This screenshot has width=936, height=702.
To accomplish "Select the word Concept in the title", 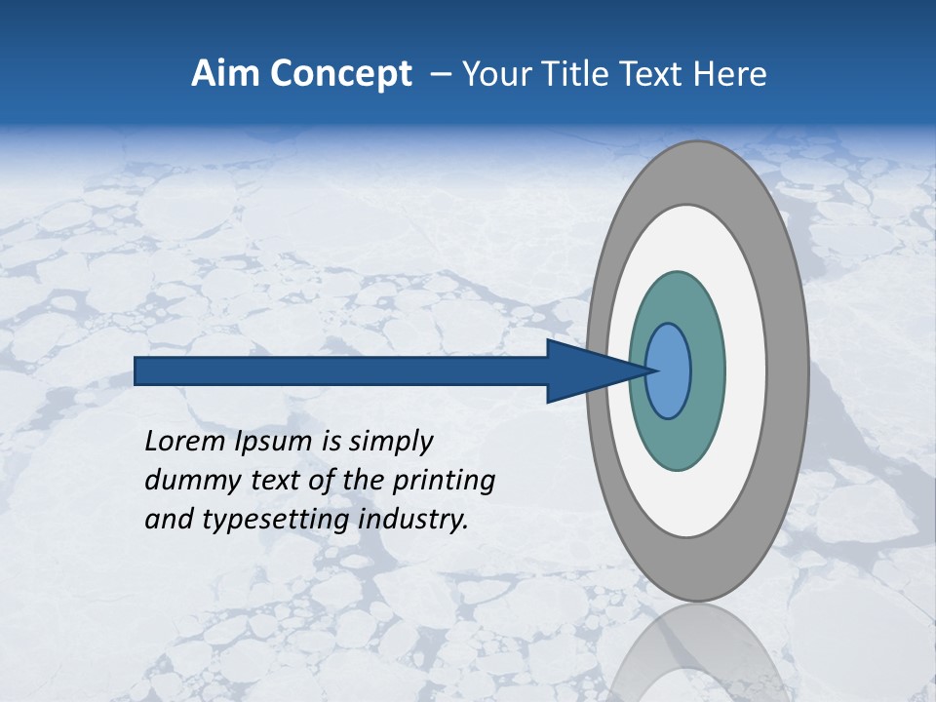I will [340, 74].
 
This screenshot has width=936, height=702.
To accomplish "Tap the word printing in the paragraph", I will [444, 481].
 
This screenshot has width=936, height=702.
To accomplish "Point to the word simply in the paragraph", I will [390, 442].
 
